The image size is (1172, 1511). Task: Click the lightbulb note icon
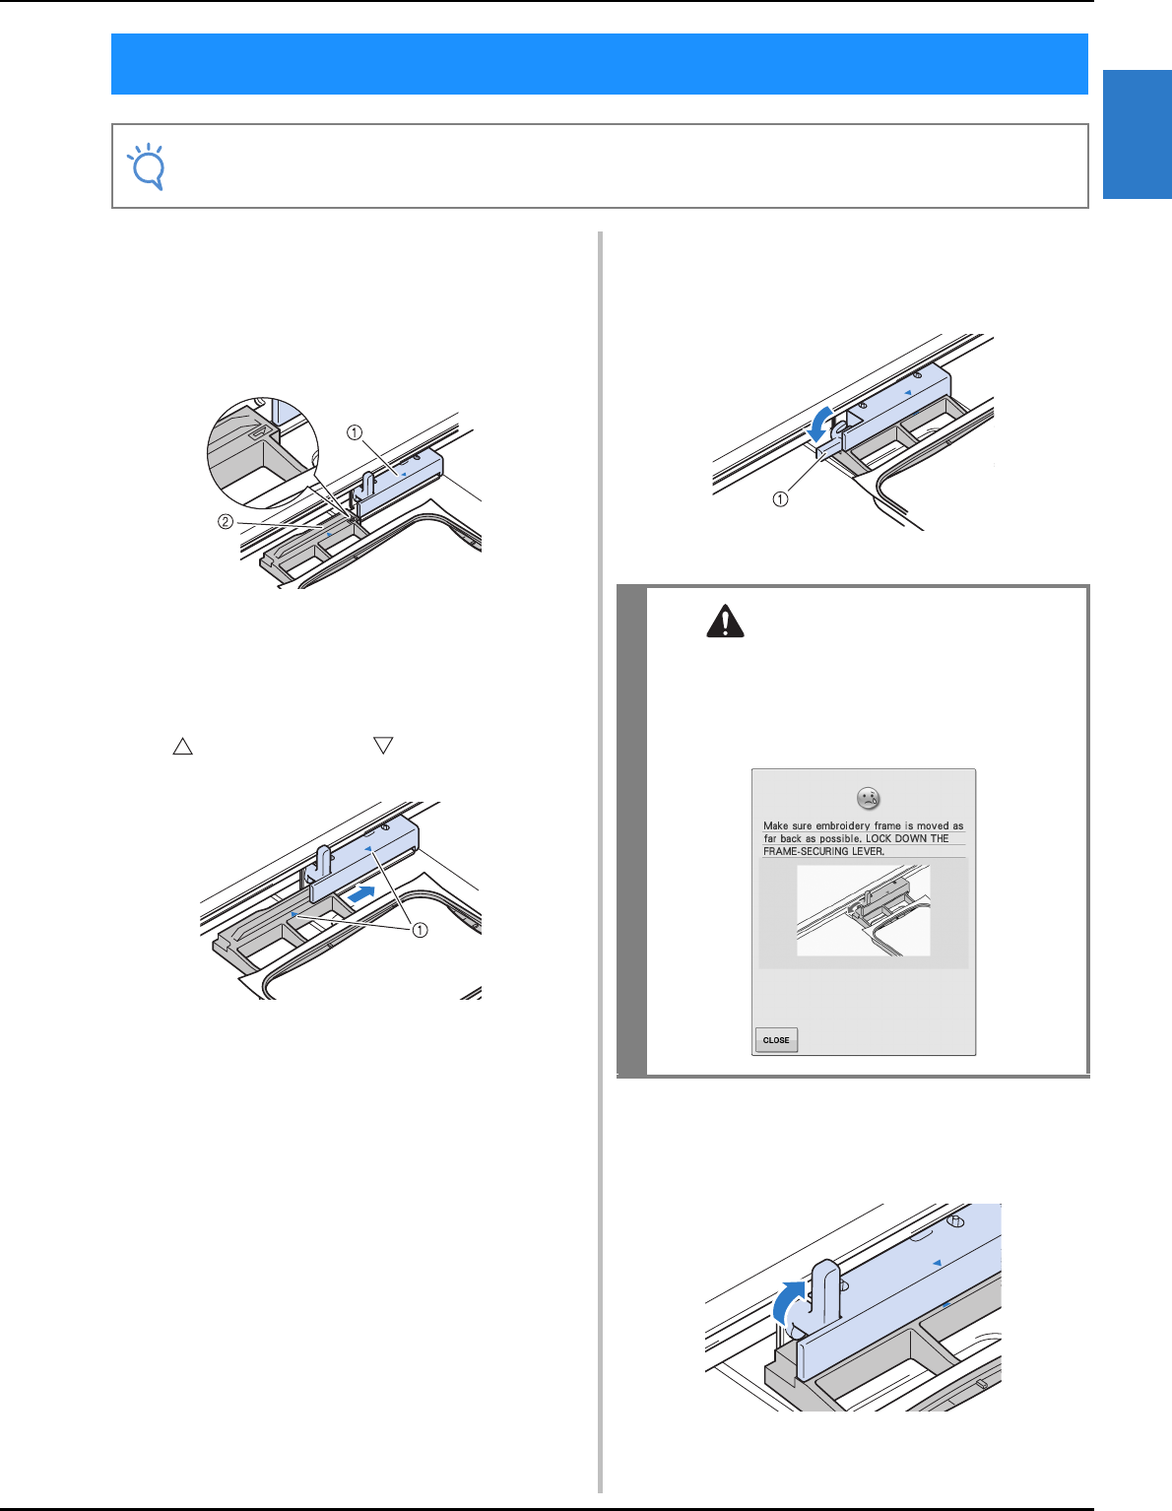coord(147,166)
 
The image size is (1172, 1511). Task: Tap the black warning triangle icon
coord(725,621)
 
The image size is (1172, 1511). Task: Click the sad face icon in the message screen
coord(868,798)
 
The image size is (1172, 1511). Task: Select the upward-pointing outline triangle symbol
coord(182,746)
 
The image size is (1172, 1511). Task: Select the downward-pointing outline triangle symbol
coord(383,745)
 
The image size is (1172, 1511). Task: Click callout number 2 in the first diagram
coord(226,521)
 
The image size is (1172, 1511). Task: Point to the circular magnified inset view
coord(263,453)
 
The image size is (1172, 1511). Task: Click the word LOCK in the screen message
coord(880,838)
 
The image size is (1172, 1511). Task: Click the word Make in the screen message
coord(775,826)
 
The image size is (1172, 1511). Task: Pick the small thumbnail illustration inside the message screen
coord(863,910)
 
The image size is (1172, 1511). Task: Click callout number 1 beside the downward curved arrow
coord(780,499)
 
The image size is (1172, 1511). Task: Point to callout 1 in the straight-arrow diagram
coord(420,930)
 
